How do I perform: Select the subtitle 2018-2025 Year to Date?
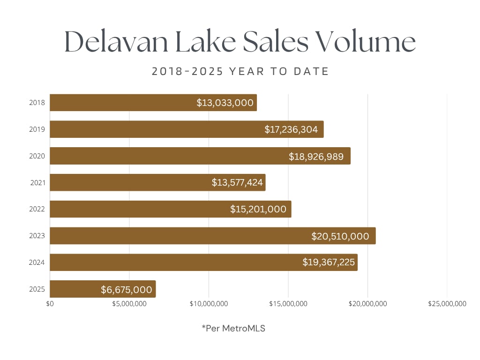[x=240, y=72]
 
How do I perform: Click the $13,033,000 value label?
[x=225, y=103]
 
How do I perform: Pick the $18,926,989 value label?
[x=319, y=156]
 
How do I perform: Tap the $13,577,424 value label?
[x=237, y=182]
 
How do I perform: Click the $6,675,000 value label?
[x=126, y=290]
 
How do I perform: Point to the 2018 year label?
[x=37, y=103]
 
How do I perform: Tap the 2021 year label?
[x=37, y=183]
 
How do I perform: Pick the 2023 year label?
[x=37, y=236]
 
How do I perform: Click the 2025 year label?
[x=37, y=289]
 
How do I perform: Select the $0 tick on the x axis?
[x=50, y=304]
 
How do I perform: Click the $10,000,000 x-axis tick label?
[x=209, y=304]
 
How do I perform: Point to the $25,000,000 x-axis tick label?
[x=447, y=304]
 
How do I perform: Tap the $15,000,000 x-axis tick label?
[x=288, y=304]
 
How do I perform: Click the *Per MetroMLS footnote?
[x=233, y=329]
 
